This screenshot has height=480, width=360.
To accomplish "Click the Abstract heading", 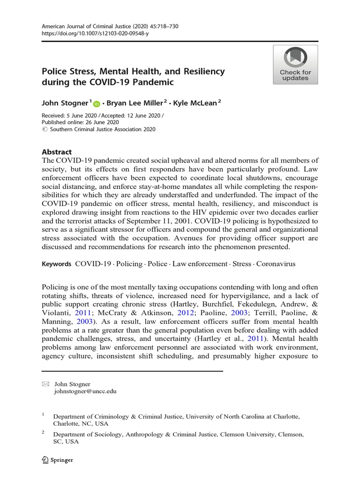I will coord(57,152).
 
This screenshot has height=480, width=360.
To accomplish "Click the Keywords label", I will coord(57,264).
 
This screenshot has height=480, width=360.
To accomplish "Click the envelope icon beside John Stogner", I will coord(45,384).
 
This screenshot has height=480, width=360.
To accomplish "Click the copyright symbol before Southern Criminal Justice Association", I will coord(45,129).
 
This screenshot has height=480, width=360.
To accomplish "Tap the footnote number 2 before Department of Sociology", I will coord(43,433).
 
